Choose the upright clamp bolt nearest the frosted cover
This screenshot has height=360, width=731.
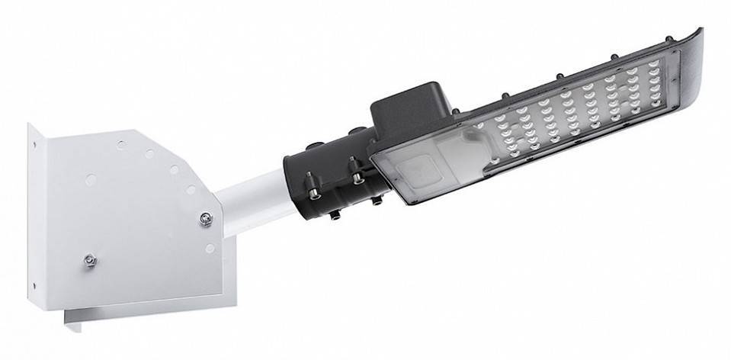click(356, 167)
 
